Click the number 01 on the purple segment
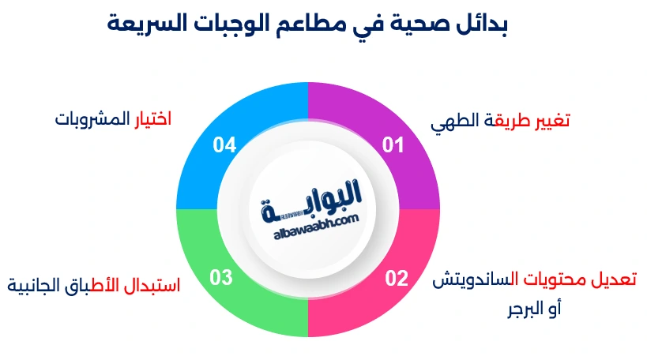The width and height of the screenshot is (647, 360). (393, 144)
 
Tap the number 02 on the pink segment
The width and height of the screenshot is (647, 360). (396, 278)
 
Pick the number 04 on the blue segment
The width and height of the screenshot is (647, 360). (225, 144)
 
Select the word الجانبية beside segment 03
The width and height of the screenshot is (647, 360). (35, 284)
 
